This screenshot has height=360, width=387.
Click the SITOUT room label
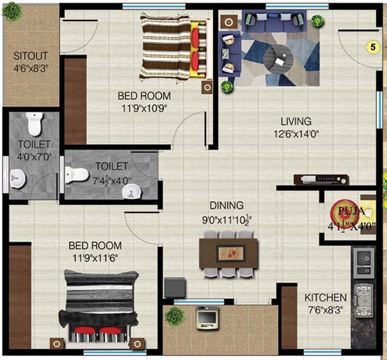pos(31,56)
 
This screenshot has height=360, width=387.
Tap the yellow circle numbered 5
pos(373,46)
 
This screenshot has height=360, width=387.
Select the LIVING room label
pos(296,121)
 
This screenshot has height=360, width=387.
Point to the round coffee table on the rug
pos(278,59)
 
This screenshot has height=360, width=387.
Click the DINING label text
pos(227,205)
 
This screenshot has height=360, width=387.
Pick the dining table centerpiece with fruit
pos(231,254)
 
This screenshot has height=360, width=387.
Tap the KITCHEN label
pos(325,298)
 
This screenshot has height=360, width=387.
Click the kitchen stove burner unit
pos(363,301)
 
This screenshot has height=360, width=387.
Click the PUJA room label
pos(351,211)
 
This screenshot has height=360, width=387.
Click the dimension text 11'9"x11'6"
pos(95,258)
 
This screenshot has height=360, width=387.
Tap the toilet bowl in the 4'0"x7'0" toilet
pos(34,124)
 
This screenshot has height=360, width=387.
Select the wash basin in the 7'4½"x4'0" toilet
pos(132,191)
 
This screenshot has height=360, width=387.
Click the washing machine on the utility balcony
pos(207,318)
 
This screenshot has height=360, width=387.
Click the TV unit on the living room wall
pos(321,179)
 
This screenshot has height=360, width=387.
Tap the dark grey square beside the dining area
pos(175,287)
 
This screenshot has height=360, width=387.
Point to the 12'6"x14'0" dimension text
pos(296,134)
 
